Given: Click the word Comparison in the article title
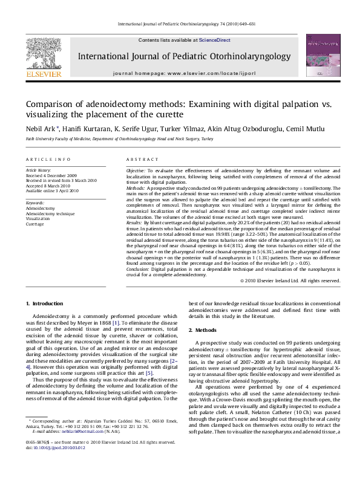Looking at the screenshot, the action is point(53,105).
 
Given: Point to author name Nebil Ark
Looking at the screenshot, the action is point(41,128).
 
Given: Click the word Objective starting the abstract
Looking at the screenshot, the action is point(136,171).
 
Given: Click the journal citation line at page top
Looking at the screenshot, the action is point(180,25).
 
